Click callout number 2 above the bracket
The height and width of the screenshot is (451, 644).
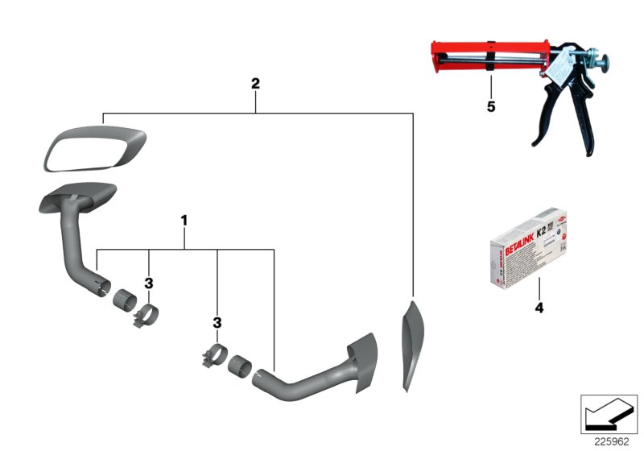(255, 83)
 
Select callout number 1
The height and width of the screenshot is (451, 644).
(184, 219)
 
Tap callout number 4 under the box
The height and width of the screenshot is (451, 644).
(539, 308)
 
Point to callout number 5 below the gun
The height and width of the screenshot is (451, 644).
(489, 107)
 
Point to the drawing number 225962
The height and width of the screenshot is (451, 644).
(613, 441)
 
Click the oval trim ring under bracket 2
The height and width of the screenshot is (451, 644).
(96, 149)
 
